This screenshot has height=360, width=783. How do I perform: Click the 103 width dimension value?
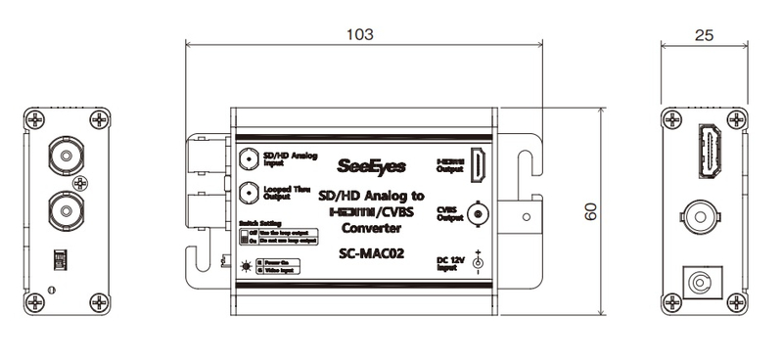[363, 33]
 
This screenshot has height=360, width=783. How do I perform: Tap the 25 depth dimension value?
[703, 33]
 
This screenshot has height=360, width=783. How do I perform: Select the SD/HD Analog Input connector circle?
[249, 158]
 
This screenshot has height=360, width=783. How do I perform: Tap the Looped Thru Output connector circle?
[249, 191]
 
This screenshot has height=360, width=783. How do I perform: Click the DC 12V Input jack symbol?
[478, 262]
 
